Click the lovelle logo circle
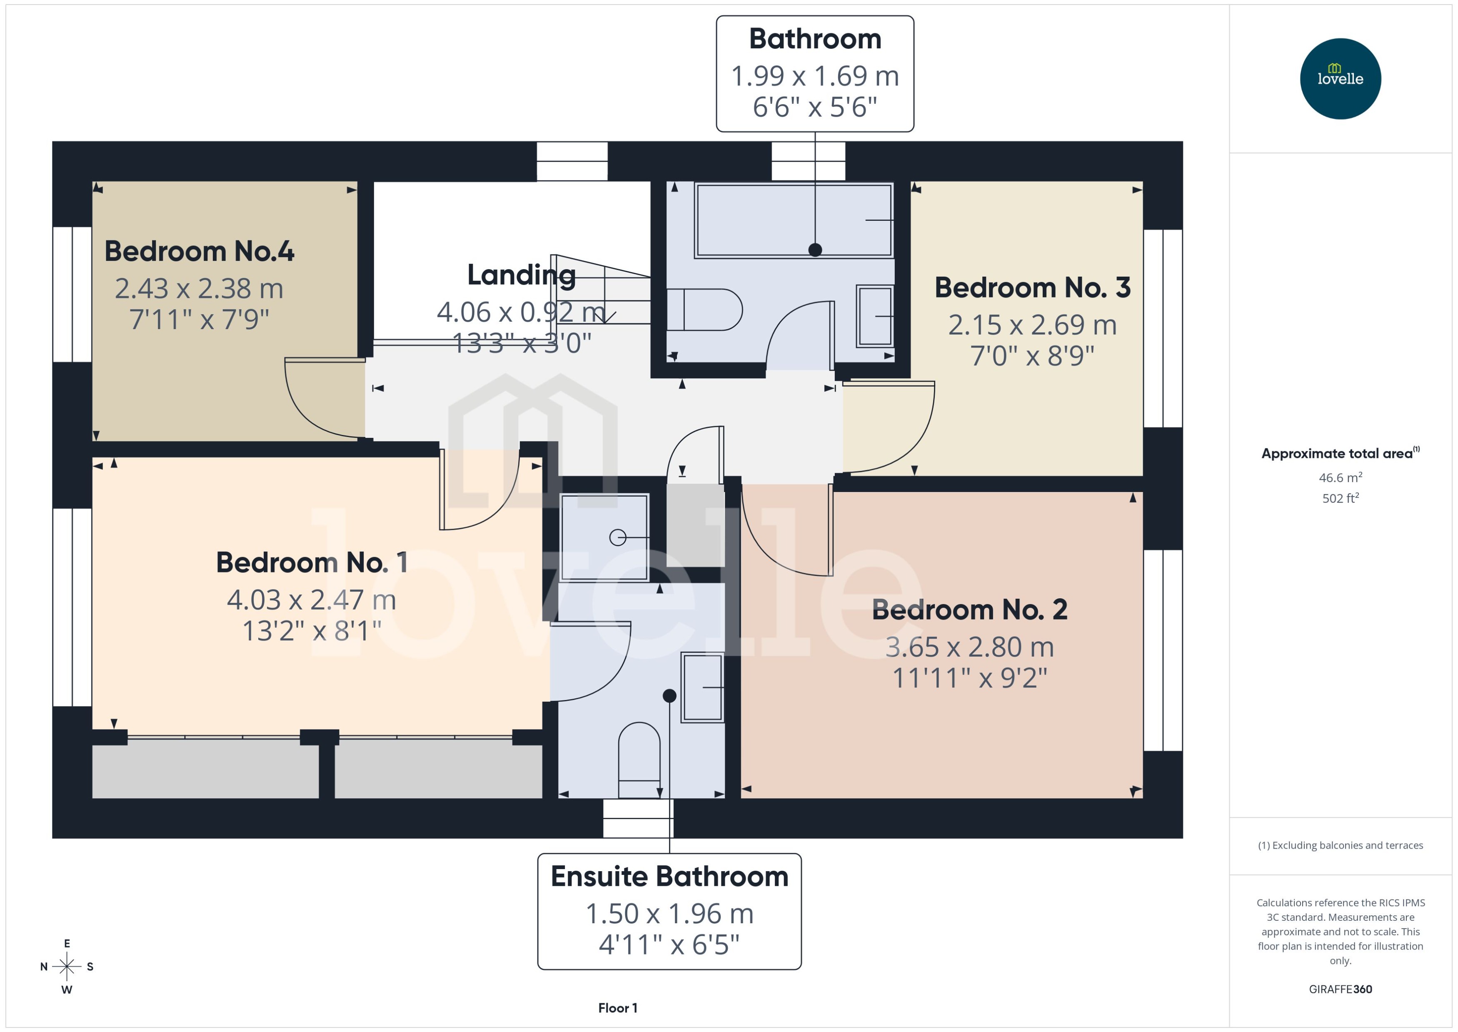pos(1340,79)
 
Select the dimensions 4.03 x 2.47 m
pos(311,600)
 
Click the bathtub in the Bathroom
pos(794,220)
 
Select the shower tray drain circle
pos(617,537)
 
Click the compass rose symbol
pos(67,967)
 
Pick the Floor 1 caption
pos(617,1008)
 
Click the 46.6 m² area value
pos(1340,477)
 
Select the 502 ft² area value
pos(1340,498)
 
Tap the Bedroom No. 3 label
pos(1032,288)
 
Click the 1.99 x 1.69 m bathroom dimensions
pos(814,76)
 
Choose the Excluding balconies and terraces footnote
pos(1340,845)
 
